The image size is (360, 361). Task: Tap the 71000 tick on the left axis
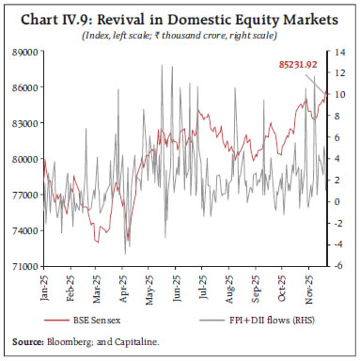[23, 266]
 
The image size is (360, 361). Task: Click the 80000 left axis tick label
[23, 159]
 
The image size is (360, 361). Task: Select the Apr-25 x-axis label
[125, 286]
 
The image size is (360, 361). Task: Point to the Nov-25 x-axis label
[311, 286]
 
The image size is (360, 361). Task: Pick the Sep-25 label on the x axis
[258, 286]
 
